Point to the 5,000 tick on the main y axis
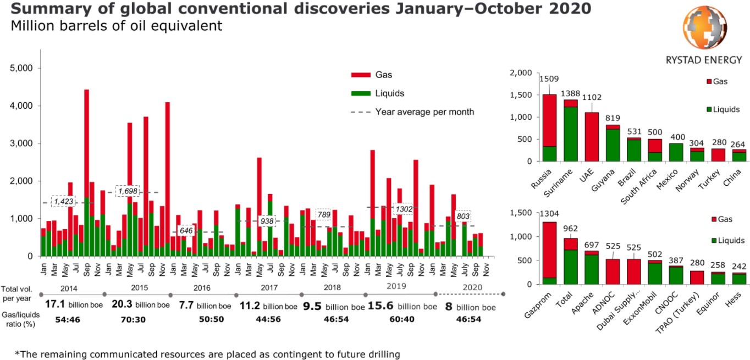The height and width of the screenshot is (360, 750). (22, 68)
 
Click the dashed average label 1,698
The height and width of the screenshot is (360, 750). (128, 191)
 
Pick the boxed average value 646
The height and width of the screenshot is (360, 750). (186, 231)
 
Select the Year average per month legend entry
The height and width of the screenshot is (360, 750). (424, 112)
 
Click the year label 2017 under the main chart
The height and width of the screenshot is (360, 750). (268, 287)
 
